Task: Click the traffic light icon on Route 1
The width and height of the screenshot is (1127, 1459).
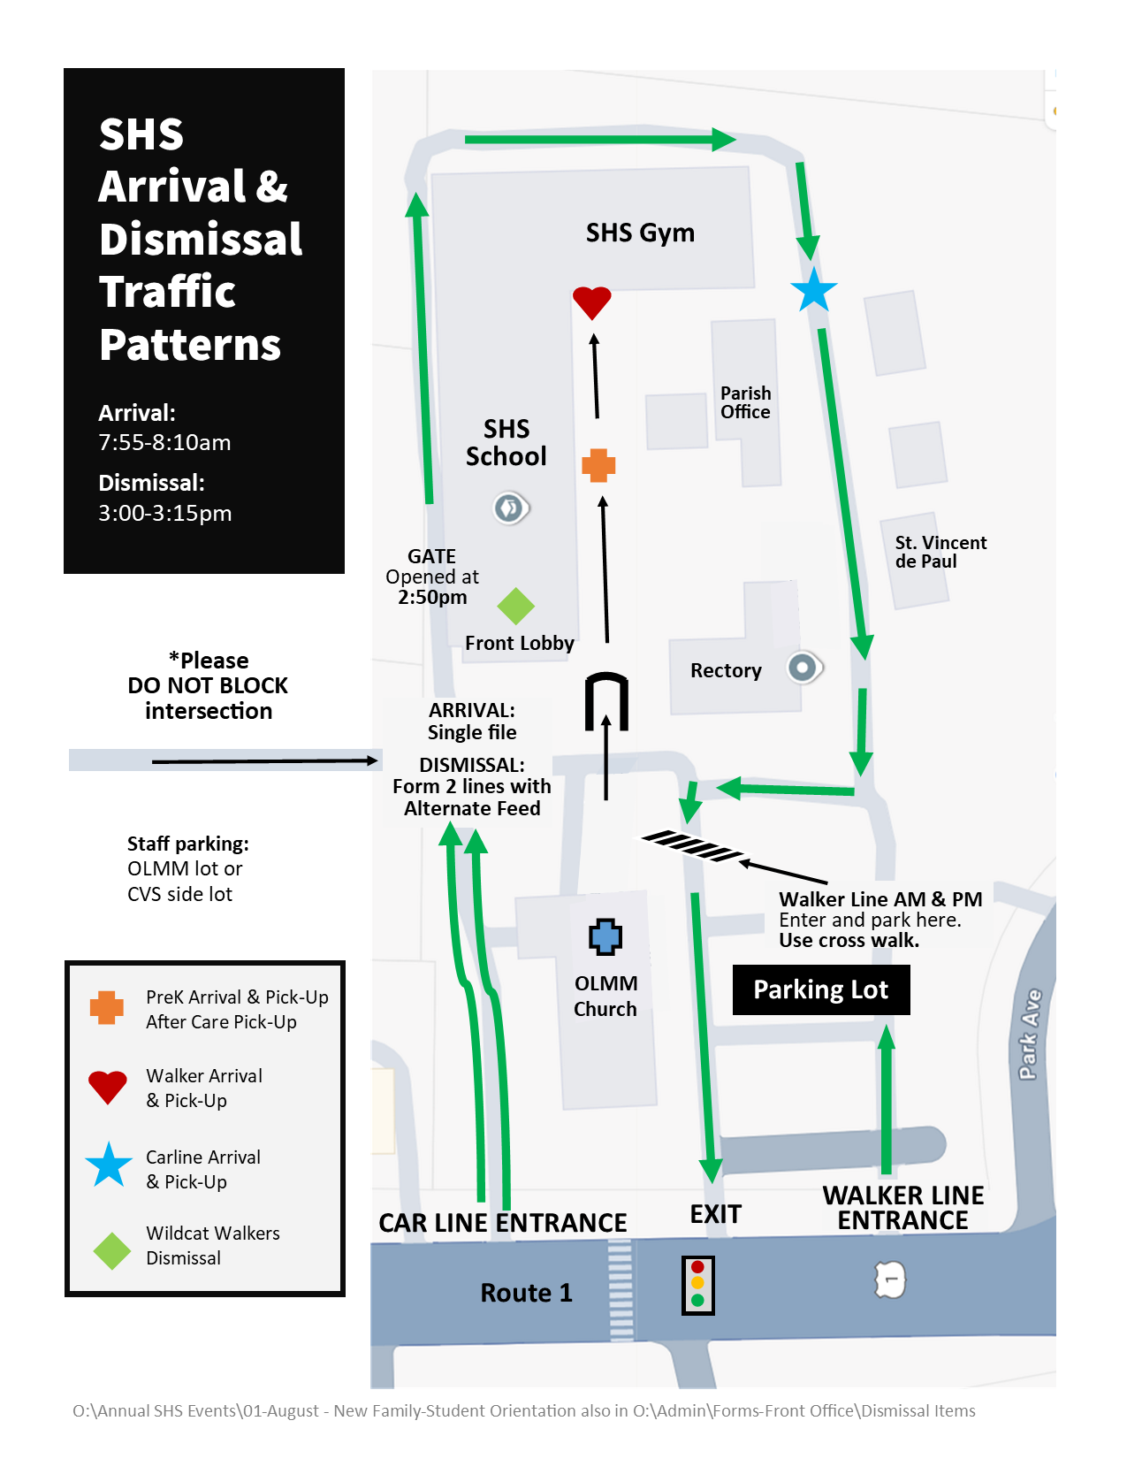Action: pyautogui.click(x=697, y=1285)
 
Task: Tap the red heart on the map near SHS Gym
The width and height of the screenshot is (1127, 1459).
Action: pyautogui.click(x=591, y=302)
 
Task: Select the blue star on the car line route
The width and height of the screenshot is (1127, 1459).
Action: pyautogui.click(x=813, y=290)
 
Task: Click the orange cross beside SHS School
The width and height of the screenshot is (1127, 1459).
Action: pyautogui.click(x=598, y=465)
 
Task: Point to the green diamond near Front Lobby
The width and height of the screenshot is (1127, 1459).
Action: pyautogui.click(x=515, y=606)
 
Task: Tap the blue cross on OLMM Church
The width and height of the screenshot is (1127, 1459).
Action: pyautogui.click(x=605, y=936)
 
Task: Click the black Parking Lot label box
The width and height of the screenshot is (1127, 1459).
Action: pyautogui.click(x=821, y=989)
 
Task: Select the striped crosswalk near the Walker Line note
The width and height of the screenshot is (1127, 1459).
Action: pyautogui.click(x=692, y=846)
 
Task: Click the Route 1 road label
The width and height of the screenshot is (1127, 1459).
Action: pyautogui.click(x=526, y=1293)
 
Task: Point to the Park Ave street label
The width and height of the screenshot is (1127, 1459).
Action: pyautogui.click(x=1030, y=1034)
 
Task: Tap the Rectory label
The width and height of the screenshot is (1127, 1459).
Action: pyautogui.click(x=726, y=670)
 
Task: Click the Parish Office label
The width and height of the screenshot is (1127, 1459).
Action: pyautogui.click(x=745, y=402)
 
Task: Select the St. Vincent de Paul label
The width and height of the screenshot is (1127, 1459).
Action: pyautogui.click(x=940, y=551)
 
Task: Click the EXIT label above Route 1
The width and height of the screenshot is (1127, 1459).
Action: pyautogui.click(x=715, y=1214)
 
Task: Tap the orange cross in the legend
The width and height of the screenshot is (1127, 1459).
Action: pyautogui.click(x=107, y=1007)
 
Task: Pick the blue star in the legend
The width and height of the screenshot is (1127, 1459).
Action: pyautogui.click(x=109, y=1165)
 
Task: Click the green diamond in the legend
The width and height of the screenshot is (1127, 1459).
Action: pyautogui.click(x=112, y=1251)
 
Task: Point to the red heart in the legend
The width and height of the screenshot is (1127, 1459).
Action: pyautogui.click(x=108, y=1087)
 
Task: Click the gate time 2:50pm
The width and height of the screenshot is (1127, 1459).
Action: pyautogui.click(x=432, y=597)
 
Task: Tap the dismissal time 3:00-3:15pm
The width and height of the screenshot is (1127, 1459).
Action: pyautogui.click(x=165, y=513)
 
